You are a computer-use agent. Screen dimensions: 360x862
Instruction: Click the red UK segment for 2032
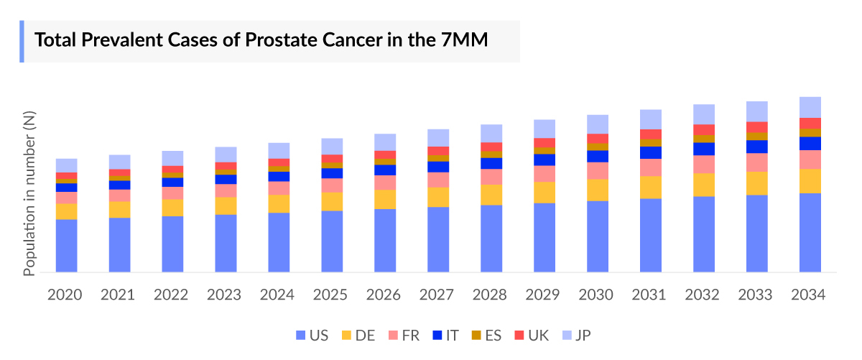704,129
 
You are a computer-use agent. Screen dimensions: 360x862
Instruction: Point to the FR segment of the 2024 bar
279,188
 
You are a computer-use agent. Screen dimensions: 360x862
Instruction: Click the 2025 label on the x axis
332,295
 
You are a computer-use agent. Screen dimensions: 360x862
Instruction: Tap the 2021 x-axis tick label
119,295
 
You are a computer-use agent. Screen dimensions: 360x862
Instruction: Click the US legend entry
310,335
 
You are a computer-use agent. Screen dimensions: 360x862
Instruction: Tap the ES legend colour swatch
476,335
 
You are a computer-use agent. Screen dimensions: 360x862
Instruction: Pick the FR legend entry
404,335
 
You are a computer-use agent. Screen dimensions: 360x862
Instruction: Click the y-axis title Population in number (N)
29,194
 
